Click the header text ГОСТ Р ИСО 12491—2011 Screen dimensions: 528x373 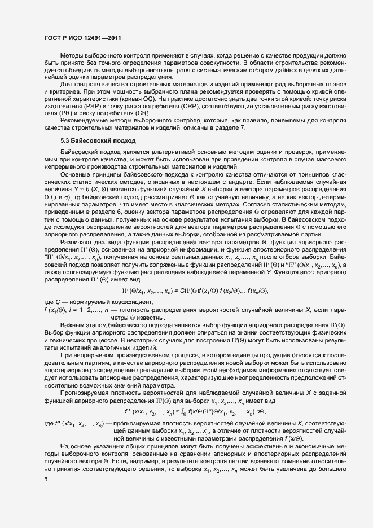click(x=82, y=38)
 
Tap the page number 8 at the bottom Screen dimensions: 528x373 click(x=46, y=479)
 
